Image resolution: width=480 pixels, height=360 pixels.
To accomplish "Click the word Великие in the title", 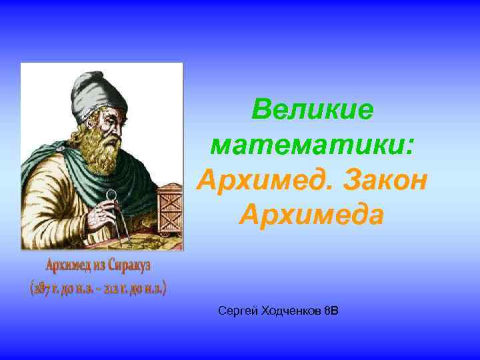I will click(x=312, y=110).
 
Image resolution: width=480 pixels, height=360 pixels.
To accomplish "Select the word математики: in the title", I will click(x=312, y=145).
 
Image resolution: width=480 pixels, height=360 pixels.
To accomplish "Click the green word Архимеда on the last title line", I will click(x=312, y=215).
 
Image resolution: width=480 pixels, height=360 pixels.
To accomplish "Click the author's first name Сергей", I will click(x=235, y=311).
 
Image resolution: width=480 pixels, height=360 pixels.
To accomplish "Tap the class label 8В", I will click(x=331, y=311).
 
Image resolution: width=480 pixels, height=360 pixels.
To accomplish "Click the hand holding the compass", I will click(x=100, y=212).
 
